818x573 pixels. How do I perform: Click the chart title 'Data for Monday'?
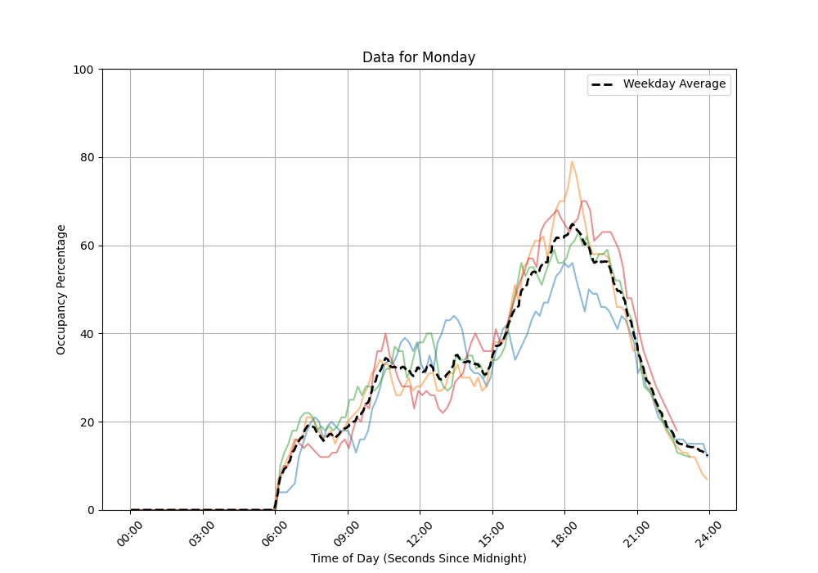419,57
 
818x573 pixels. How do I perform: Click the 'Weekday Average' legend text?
674,84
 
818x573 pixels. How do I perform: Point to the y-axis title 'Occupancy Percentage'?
61,289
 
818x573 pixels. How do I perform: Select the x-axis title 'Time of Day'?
419,558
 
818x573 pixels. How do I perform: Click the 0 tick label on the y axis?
91,510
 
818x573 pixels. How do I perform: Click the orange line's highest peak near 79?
572,161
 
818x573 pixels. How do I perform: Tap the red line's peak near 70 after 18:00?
583,201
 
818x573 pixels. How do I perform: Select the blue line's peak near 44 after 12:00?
453,316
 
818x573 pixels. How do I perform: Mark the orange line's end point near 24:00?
708,479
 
